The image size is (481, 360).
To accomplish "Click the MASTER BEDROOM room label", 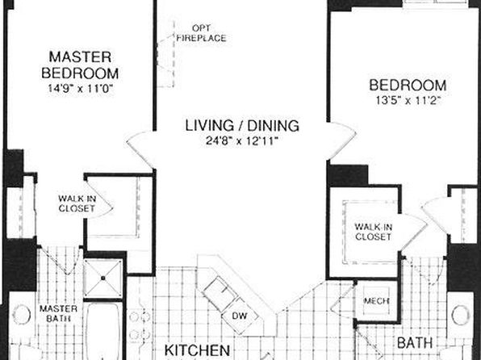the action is pyautogui.click(x=80, y=65).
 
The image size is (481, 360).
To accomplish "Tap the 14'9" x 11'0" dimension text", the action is pyautogui.click(x=81, y=89).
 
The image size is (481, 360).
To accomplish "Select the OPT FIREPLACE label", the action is pyautogui.click(x=201, y=33).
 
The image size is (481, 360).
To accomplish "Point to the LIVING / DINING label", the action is pyautogui.click(x=242, y=126).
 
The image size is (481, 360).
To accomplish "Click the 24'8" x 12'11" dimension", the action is pyautogui.click(x=242, y=141).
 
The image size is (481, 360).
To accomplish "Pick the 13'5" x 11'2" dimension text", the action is pyautogui.click(x=408, y=100).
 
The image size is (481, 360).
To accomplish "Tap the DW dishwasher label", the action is pyautogui.click(x=240, y=316).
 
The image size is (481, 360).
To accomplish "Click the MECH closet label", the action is pyautogui.click(x=376, y=301).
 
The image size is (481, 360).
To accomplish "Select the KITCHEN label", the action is pyautogui.click(x=197, y=350).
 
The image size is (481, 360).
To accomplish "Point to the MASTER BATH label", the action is pyautogui.click(x=58, y=313).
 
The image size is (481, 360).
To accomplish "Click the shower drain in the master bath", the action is pyautogui.click(x=103, y=278).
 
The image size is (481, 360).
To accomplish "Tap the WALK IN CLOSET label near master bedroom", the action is pyautogui.click(x=77, y=203).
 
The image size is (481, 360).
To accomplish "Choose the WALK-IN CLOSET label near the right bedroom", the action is pyautogui.click(x=374, y=232).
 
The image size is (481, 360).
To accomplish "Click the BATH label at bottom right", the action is pyautogui.click(x=415, y=343).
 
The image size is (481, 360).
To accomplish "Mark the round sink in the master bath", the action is pyautogui.click(x=22, y=314).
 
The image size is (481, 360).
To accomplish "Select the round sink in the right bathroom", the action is pyautogui.click(x=461, y=315).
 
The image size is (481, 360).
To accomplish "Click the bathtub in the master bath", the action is pyautogui.click(x=102, y=331).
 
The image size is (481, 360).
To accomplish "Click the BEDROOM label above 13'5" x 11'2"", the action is pyautogui.click(x=408, y=85).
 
